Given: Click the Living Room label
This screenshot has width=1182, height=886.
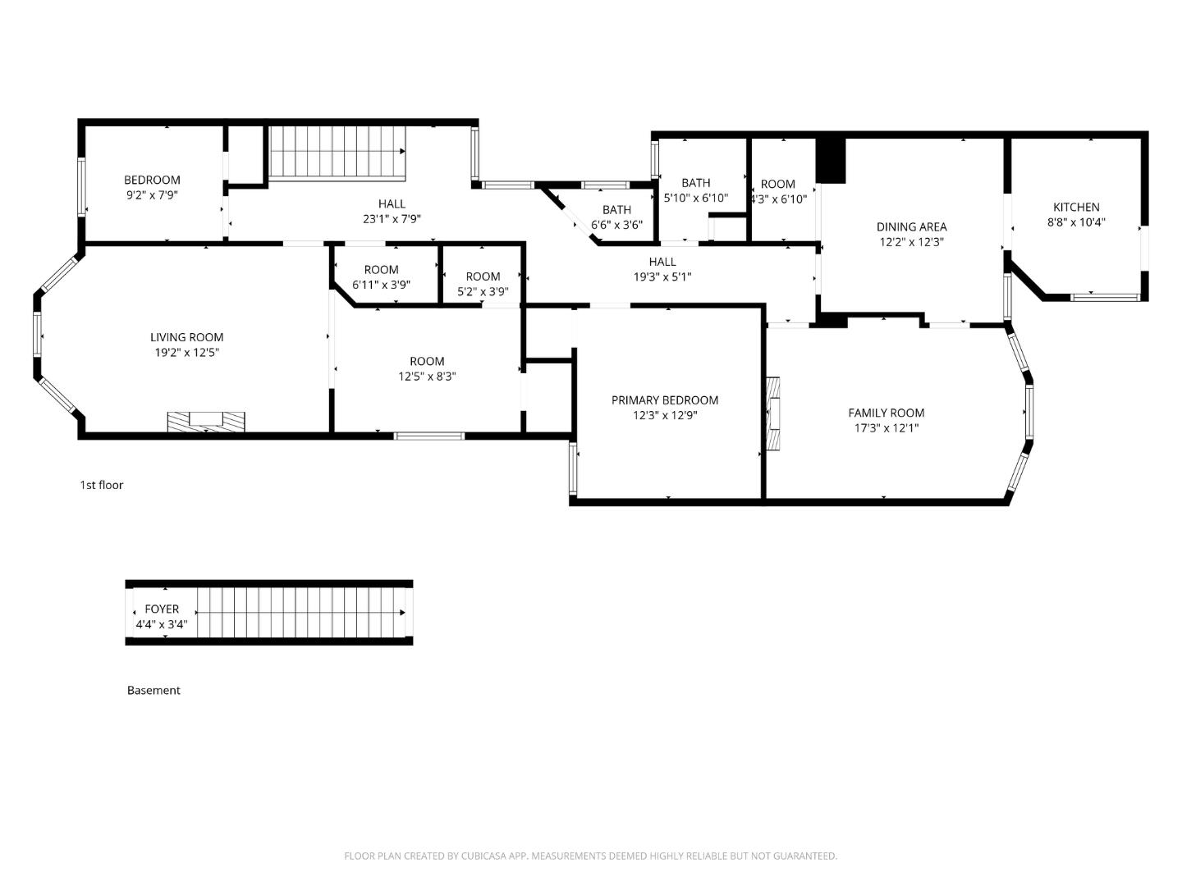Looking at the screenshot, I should click(186, 337).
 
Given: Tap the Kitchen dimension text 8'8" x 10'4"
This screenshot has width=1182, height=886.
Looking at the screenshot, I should click(1076, 221).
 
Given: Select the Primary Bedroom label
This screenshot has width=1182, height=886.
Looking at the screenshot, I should click(664, 400).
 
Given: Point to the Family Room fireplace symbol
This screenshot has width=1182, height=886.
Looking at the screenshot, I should click(774, 414).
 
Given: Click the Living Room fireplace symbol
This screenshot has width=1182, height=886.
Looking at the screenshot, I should click(206, 421).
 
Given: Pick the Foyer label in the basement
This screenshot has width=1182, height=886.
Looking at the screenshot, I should click(162, 609).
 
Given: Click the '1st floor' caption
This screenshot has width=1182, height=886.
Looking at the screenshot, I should click(101, 485).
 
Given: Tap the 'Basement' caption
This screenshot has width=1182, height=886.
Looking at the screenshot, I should click(153, 690).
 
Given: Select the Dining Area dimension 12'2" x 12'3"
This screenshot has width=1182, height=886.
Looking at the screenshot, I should click(911, 242).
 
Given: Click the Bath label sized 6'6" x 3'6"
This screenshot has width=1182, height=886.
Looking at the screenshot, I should click(616, 210).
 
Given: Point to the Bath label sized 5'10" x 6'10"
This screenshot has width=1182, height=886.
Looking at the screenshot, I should click(695, 183).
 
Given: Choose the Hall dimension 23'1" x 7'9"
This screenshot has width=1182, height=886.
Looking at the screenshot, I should click(392, 219).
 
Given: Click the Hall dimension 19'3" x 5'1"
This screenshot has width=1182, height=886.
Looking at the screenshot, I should click(662, 276).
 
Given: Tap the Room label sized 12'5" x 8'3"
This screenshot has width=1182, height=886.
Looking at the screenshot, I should click(427, 361).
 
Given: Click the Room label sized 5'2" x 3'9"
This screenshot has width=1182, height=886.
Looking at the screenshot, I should click(483, 276).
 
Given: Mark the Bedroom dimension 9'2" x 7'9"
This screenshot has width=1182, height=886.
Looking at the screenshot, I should click(152, 195).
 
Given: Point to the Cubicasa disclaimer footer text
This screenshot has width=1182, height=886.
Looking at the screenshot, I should click(590, 856).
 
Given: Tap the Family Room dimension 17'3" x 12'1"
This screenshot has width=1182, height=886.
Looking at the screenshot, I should click(886, 427).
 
